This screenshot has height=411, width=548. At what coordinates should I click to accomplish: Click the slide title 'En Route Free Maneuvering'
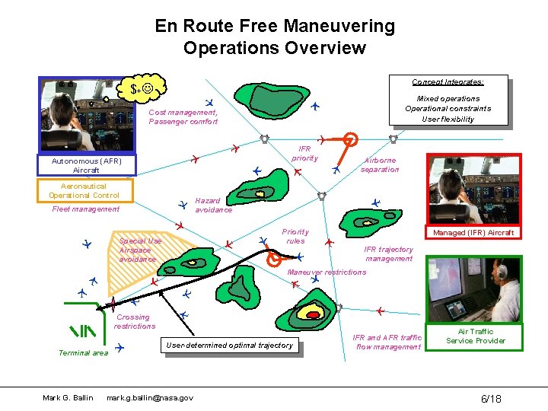tap(275, 27)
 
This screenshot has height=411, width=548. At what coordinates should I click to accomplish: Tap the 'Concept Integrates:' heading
tap(448, 82)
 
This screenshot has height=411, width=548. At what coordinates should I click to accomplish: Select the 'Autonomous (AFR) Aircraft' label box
tap(87, 165)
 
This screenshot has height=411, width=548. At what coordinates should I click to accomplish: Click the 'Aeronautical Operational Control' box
tap(84, 191)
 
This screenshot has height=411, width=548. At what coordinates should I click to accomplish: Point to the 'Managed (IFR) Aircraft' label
tap(473, 232)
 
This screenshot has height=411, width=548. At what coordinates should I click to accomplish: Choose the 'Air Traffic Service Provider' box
tap(476, 336)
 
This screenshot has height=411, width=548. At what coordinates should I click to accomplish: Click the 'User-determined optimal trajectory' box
tap(229, 346)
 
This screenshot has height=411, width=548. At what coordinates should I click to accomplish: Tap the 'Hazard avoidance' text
tap(213, 205)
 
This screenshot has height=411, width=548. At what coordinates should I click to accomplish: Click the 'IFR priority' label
tap(304, 154)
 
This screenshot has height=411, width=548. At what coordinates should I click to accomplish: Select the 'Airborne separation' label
tap(380, 165)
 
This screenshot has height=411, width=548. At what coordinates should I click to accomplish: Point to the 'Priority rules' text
tap(295, 236)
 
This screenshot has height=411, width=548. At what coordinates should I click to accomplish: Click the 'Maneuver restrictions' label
tap(326, 272)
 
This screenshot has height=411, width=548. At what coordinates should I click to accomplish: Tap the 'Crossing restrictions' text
tap(134, 321)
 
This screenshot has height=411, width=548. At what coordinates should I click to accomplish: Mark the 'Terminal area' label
tap(83, 352)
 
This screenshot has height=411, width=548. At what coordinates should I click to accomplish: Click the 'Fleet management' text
tap(85, 209)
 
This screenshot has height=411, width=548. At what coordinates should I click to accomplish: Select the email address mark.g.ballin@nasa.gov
tap(150, 398)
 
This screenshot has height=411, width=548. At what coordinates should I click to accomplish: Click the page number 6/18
tap(490, 399)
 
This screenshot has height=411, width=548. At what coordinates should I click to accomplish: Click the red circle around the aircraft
tap(350, 139)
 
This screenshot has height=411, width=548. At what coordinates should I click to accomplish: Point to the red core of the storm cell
tap(311, 313)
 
